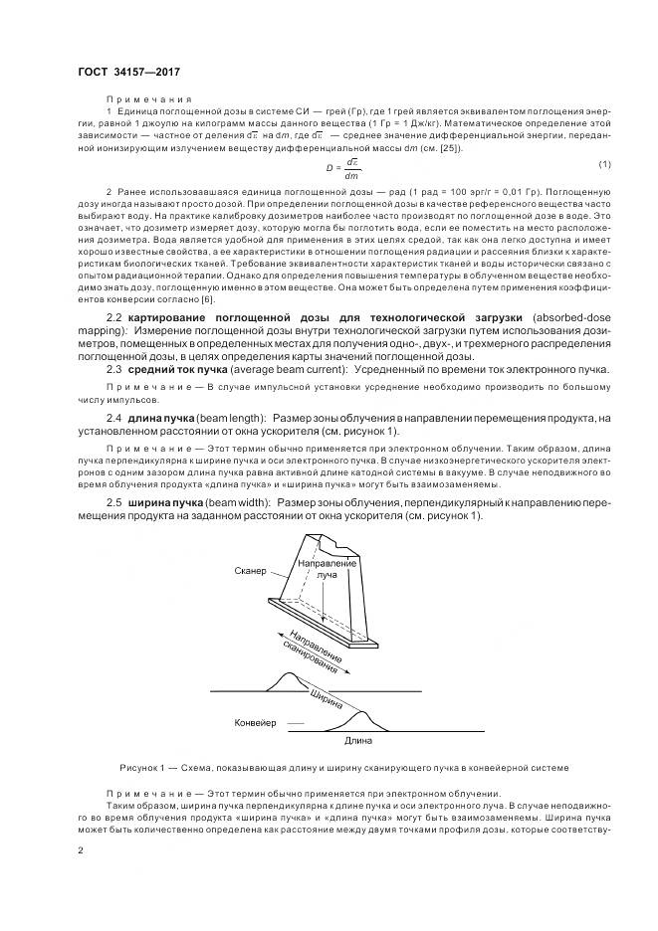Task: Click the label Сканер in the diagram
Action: coord(251,571)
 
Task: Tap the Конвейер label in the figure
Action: coord(256,721)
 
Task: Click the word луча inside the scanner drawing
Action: coord(328,575)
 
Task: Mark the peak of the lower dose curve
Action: coord(360,710)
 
